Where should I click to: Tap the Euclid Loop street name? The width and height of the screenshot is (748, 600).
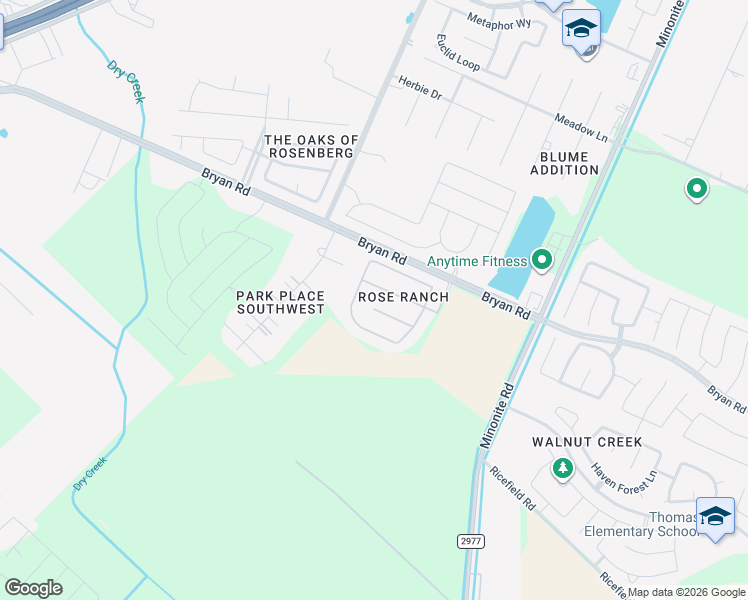[x=458, y=52]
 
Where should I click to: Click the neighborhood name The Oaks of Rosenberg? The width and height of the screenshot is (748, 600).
[x=310, y=146]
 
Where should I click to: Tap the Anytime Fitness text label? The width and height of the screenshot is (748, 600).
[x=477, y=262]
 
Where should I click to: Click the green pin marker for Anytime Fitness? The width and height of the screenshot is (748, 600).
[x=542, y=260]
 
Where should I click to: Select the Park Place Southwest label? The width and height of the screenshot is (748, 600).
[x=280, y=302]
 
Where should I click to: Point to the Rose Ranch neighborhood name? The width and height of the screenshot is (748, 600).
[x=403, y=297]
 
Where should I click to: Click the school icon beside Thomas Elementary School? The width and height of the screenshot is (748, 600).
[x=715, y=516]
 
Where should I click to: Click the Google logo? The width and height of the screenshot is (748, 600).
[x=33, y=588]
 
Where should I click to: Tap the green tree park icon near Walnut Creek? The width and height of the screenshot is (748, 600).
[x=563, y=467]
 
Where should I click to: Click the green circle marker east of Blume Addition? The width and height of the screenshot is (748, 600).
[x=696, y=187]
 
